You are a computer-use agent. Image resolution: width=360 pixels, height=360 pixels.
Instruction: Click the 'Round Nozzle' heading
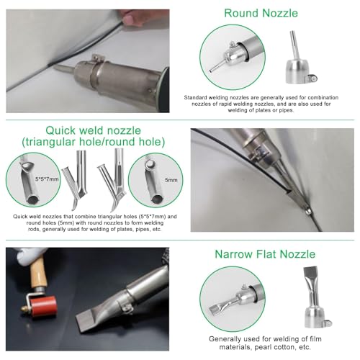[x=261, y=13]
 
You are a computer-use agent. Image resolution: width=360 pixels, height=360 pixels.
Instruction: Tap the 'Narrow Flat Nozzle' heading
[x=265, y=254]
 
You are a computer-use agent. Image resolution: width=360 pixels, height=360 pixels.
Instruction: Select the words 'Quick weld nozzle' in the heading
[x=93, y=130]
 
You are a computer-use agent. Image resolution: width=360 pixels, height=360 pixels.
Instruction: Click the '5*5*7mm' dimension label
[x=47, y=179]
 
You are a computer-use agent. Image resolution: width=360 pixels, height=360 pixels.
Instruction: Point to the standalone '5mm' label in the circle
[x=171, y=180]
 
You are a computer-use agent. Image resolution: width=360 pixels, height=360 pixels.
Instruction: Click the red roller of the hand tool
[x=43, y=306]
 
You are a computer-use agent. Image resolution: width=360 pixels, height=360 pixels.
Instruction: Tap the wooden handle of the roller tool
[x=39, y=272]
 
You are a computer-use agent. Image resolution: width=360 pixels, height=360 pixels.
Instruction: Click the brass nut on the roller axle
[x=24, y=309]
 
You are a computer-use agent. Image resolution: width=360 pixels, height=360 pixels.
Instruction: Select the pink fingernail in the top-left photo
[x=127, y=19]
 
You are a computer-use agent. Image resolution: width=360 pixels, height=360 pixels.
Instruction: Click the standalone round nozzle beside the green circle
[x=300, y=59]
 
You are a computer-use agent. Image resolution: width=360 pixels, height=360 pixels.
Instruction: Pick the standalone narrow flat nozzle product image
[x=315, y=297]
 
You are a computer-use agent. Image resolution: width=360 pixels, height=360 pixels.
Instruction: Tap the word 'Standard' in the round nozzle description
[x=195, y=98]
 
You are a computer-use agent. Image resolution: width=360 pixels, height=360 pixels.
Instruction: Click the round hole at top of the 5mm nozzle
[x=150, y=164]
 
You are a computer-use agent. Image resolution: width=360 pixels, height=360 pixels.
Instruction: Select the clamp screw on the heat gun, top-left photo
[x=97, y=58]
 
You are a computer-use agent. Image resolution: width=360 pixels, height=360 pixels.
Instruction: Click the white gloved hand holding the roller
[x=30, y=256]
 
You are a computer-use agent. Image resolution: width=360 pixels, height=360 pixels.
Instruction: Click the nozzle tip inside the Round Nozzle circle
[x=212, y=71]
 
